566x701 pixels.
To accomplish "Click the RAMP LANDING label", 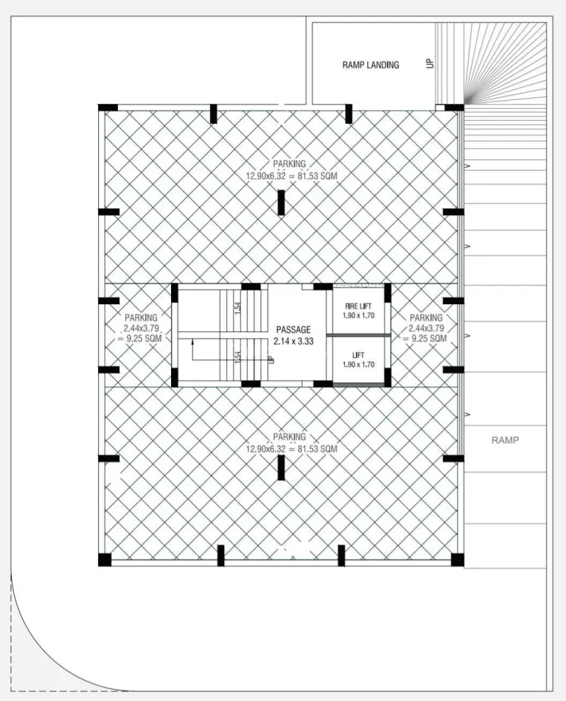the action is coord(371,65).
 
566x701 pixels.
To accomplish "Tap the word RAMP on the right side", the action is coord(505,440).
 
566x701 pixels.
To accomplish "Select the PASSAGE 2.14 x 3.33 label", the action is coord(293,335).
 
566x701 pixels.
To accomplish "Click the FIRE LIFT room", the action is coord(358,311).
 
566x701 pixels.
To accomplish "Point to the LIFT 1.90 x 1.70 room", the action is coord(358,360).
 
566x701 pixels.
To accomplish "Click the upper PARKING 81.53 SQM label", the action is coord(291,170).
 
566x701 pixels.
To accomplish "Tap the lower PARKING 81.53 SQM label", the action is coord(291,443).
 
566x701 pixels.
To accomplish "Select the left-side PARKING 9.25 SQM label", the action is coord(141,328).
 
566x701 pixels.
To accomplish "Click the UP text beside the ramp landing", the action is coord(430,63).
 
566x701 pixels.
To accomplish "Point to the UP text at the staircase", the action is coord(270,359).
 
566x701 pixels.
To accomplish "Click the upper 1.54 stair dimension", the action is coord(238,308).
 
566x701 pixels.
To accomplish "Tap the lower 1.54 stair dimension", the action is coord(238,356).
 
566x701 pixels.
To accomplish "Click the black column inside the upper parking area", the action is coord(281,202).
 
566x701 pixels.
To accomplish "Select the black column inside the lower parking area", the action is coord(281,468).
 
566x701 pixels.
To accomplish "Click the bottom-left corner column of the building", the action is coord(105,560).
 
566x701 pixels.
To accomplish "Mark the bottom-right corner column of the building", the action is coord(457,560).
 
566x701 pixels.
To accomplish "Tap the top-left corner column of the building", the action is coord(108,108).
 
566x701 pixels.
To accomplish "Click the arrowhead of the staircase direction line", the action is coord(192,342).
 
